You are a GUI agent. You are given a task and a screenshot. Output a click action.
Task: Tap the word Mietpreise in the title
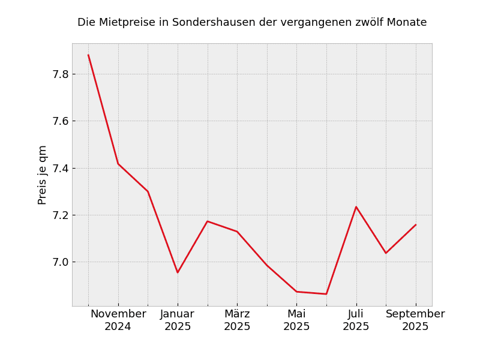128,23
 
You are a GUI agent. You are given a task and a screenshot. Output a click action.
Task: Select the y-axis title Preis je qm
43,175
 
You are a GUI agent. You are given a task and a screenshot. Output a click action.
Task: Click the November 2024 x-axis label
118,320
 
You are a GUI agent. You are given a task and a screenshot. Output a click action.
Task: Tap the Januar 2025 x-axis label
178,320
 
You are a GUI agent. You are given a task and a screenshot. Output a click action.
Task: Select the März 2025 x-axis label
237,320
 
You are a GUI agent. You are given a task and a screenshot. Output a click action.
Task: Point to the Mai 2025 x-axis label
296,320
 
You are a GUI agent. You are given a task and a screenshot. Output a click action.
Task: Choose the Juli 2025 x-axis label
356,320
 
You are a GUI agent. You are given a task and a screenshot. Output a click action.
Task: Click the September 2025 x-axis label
415,320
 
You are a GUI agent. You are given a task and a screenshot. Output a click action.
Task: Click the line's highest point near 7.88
88,55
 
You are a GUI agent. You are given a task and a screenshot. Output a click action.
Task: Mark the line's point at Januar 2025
178,272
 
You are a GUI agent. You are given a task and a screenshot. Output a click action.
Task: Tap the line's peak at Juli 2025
356,207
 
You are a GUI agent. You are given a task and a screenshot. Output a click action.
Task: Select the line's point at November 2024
118,164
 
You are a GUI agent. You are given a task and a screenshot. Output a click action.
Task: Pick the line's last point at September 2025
416,225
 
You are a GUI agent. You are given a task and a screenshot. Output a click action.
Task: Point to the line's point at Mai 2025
296,292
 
